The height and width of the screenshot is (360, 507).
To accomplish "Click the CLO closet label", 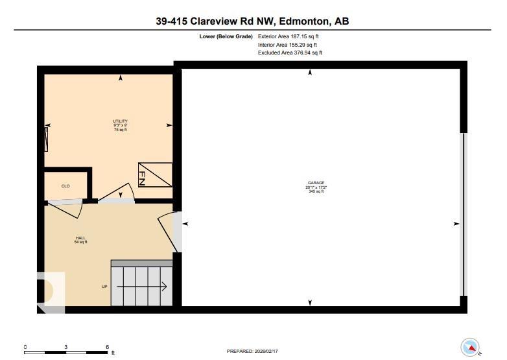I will click(x=65, y=186).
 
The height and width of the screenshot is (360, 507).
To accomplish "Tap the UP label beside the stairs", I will click(x=104, y=286).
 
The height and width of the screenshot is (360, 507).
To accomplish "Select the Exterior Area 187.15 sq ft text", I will click(x=289, y=37).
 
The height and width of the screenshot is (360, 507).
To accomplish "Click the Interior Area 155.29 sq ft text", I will click(x=287, y=45).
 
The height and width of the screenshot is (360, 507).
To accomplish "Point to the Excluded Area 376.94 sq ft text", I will click(x=290, y=53).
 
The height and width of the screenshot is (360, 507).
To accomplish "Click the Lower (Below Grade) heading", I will click(x=226, y=37).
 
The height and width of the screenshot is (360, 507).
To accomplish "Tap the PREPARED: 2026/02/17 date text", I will click(x=253, y=351).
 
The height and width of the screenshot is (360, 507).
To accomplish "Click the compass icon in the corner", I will click(x=469, y=347).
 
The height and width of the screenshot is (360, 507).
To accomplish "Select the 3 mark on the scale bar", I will click(x=66, y=346).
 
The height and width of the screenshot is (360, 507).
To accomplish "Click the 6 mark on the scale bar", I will click(x=107, y=346).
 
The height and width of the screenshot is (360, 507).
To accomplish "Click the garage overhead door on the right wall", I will click(x=463, y=214).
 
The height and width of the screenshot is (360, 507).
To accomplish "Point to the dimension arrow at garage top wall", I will click(x=310, y=73).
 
